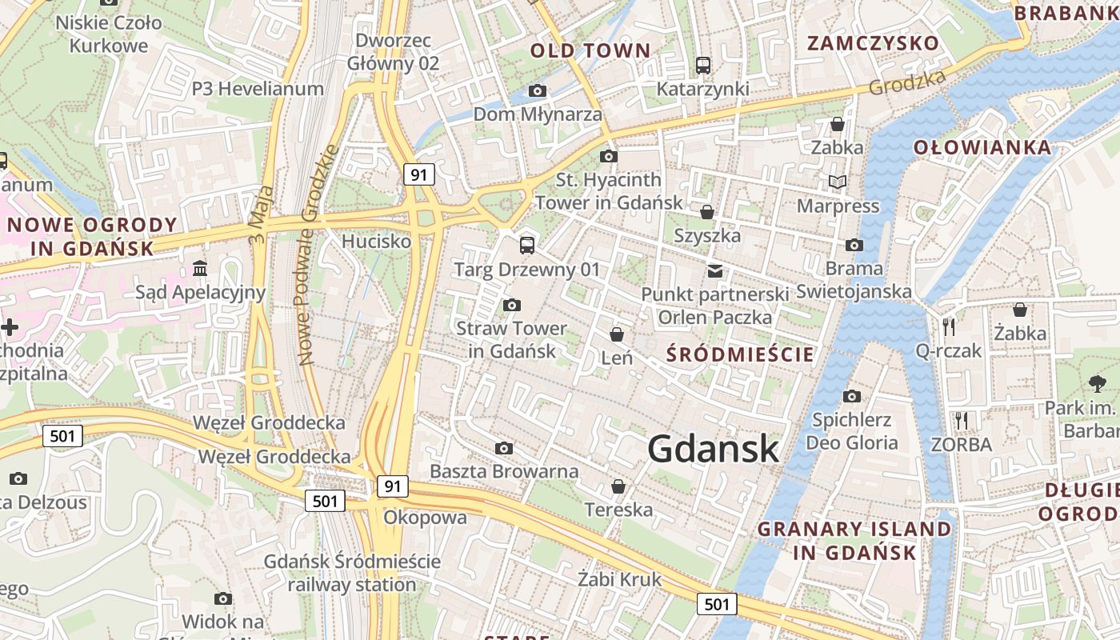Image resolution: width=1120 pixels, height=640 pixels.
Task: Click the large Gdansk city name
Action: tap(713, 449)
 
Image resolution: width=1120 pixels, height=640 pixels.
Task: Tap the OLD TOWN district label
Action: tap(590, 51)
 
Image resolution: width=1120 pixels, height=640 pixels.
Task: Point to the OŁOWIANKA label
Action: tap(982, 148)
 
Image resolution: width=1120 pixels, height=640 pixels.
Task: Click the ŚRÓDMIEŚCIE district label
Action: tap(740, 354)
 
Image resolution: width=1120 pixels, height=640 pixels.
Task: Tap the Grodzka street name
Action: tap(907, 82)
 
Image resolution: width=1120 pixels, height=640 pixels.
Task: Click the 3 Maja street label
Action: tap(262, 215)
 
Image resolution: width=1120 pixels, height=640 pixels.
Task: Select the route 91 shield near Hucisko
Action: tap(419, 174)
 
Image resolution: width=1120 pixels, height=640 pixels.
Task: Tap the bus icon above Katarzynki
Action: tap(703, 66)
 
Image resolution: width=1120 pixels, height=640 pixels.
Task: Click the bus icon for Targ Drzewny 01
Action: tap(526, 246)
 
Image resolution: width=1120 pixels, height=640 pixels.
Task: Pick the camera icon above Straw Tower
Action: tap(512, 305)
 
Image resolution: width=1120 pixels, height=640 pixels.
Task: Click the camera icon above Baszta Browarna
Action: tap(504, 448)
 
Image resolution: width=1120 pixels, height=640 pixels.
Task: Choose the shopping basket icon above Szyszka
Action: tap(707, 212)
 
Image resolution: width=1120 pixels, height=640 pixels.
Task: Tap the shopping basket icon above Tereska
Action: tap(618, 486)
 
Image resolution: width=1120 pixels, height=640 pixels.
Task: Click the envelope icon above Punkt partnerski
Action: tap(715, 271)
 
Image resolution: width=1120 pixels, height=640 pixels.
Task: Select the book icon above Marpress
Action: tap(838, 182)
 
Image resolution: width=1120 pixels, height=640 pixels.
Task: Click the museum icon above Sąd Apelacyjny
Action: tap(200, 267)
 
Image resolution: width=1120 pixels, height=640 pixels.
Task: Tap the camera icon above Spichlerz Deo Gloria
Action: tap(852, 396)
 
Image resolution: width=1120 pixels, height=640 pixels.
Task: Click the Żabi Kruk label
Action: tap(620, 579)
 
